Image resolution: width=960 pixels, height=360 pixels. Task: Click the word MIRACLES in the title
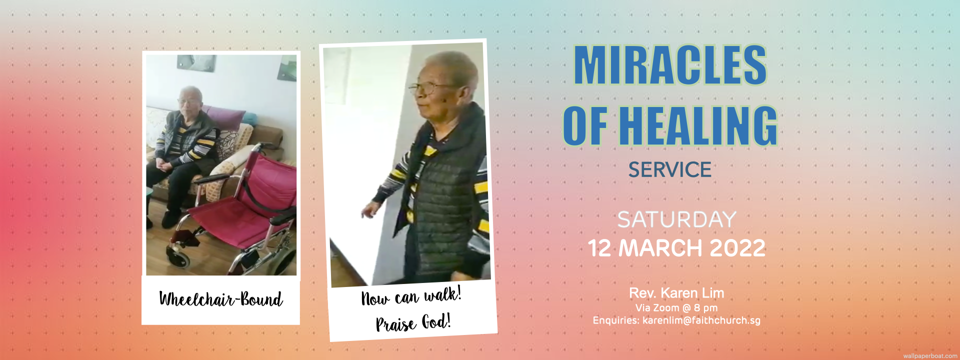(670, 65)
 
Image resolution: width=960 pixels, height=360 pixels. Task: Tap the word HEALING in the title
(698, 125)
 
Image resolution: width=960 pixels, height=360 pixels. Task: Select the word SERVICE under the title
(670, 170)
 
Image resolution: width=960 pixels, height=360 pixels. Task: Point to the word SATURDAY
(676, 219)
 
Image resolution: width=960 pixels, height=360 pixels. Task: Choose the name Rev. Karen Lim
(676, 293)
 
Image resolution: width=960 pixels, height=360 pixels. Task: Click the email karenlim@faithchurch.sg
(701, 320)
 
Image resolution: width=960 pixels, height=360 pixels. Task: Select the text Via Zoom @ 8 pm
(676, 308)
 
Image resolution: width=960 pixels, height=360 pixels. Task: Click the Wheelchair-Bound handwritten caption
(221, 299)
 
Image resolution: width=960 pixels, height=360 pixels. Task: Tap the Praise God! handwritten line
(413, 322)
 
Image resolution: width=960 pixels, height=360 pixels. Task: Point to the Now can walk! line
(411, 296)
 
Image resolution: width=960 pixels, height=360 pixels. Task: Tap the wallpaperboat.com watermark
(930, 356)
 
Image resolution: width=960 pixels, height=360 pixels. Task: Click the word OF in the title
(585, 125)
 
